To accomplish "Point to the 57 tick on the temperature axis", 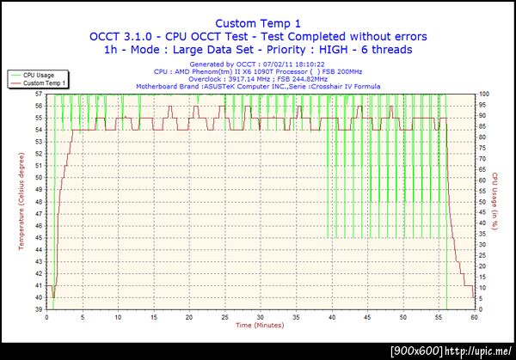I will (x=39, y=94).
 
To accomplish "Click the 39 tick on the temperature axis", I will (x=39, y=308).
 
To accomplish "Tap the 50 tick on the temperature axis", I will (x=39, y=177).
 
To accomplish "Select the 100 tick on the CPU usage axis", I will (x=484, y=94).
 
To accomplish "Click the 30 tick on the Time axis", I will (x=261, y=316).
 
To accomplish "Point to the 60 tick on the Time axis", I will (x=474, y=316).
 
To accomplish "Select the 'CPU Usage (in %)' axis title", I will (x=496, y=200).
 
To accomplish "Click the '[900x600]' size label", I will (x=415, y=351).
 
